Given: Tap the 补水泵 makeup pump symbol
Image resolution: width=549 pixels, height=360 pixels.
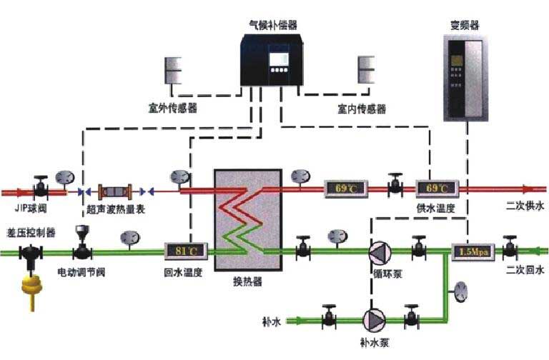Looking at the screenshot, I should pyautogui.click(x=372, y=316).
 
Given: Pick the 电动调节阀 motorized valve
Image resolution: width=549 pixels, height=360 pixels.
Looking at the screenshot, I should pyautogui.click(x=82, y=247).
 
